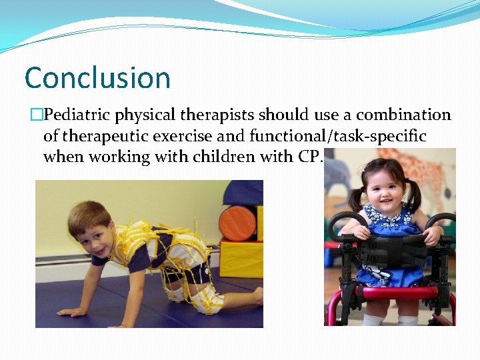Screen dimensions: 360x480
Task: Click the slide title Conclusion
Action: (97, 78)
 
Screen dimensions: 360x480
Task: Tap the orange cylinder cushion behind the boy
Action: (237, 223)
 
